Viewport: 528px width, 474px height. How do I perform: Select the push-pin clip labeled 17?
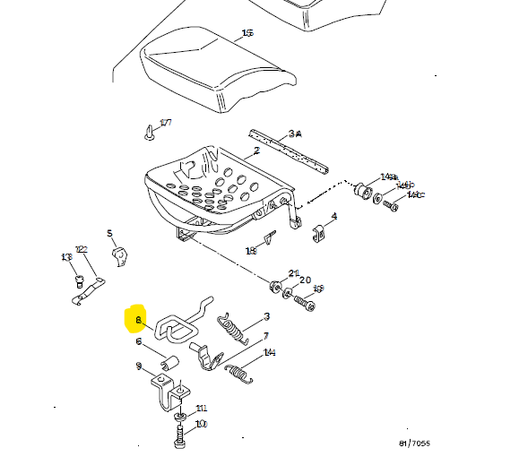(146, 135)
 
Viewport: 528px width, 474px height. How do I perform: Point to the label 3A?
(295, 133)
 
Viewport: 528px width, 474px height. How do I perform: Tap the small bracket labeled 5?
(118, 257)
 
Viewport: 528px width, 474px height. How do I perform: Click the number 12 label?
(81, 250)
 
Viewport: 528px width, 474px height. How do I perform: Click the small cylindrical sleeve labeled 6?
(169, 363)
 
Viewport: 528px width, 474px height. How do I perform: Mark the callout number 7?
(265, 337)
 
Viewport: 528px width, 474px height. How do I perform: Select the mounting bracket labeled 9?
(169, 394)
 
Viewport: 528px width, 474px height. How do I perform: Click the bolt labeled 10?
(179, 440)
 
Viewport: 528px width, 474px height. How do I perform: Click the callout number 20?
(306, 280)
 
